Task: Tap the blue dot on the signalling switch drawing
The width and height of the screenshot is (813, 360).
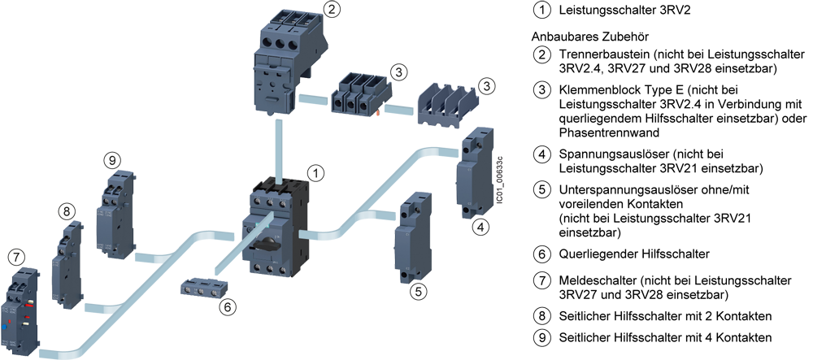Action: [x=4, y=327]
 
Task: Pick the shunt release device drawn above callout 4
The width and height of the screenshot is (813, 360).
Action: [x=472, y=173]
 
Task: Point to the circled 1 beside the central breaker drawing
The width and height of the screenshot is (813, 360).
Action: [x=315, y=173]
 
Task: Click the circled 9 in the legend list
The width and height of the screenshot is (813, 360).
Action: [x=542, y=338]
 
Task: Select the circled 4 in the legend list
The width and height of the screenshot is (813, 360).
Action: [x=542, y=154]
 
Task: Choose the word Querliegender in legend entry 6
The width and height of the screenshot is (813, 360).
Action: [x=596, y=254]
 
